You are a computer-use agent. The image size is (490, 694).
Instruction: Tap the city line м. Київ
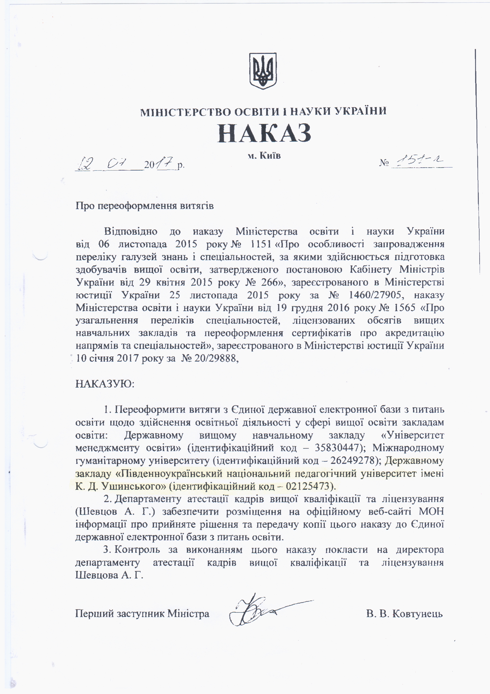pyautogui.click(x=264, y=156)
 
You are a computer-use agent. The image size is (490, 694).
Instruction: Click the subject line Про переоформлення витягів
pyautogui.click(x=145, y=206)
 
